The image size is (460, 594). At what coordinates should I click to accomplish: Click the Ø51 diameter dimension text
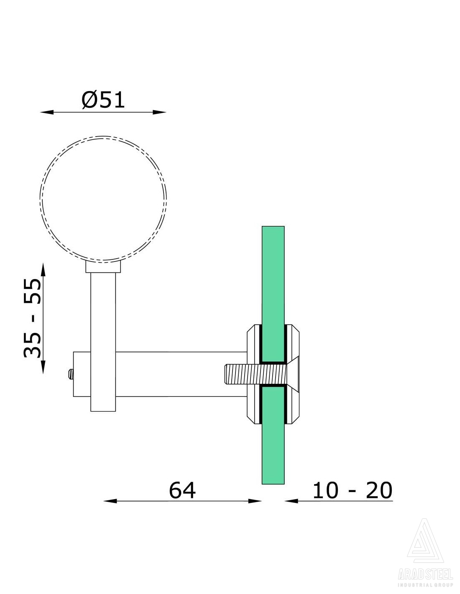103,100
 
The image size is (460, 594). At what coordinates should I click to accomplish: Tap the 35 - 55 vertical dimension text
32,318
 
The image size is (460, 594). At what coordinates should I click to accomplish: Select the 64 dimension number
182,490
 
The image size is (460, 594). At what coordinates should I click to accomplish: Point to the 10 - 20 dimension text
352,490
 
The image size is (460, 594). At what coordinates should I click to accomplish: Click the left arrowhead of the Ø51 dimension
47,112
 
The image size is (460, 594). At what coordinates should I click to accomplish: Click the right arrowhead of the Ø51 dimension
159,112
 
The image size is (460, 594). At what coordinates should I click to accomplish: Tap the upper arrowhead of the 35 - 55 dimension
43,270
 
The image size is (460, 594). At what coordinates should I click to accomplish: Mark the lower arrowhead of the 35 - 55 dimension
43,367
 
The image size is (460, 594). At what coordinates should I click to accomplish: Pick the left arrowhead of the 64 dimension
110,501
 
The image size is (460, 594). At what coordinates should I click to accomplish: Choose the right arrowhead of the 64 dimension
255,501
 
